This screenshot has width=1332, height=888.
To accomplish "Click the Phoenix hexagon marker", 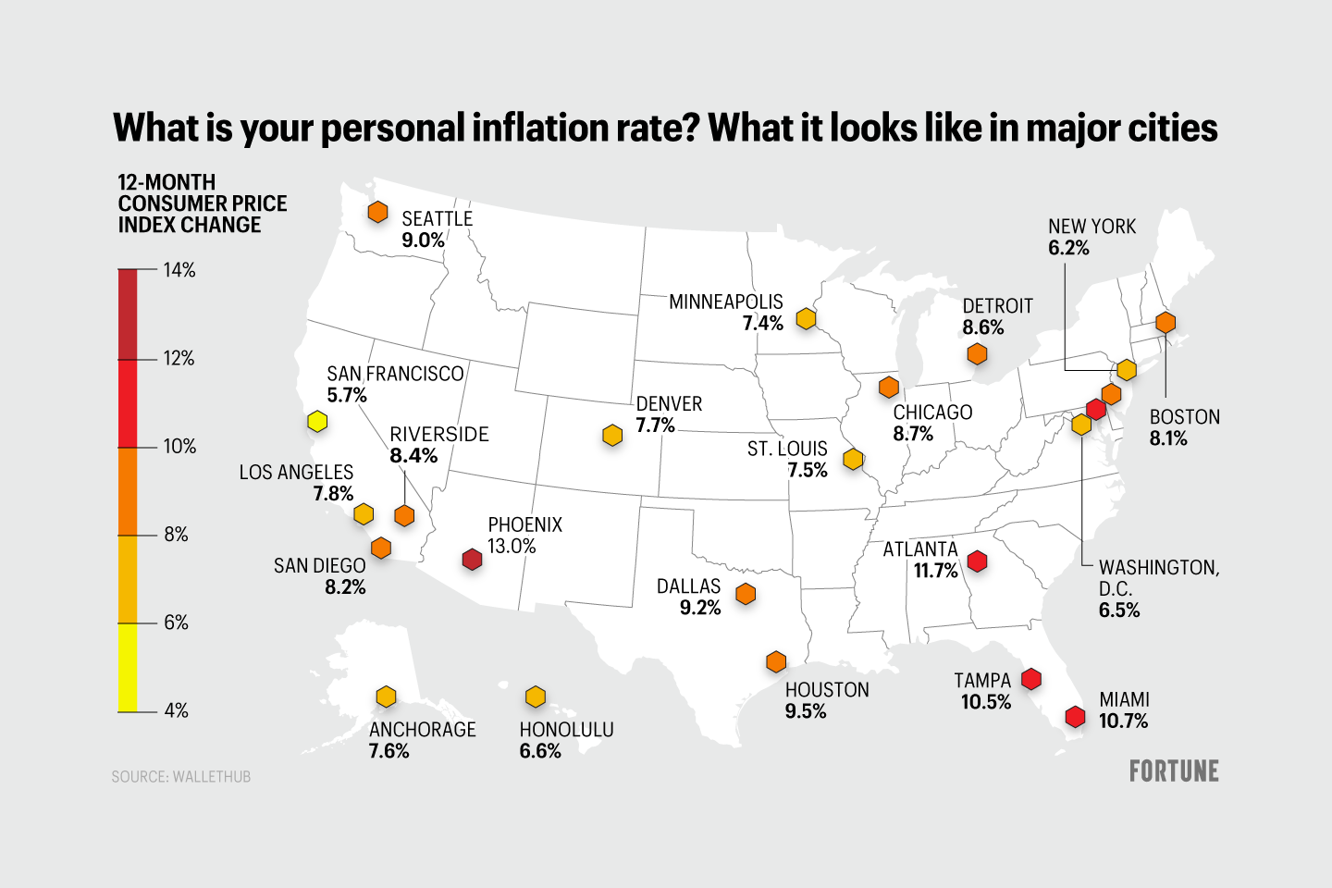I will pyautogui.click(x=472, y=559).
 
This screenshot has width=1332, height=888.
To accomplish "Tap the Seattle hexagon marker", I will pyautogui.click(x=377, y=212).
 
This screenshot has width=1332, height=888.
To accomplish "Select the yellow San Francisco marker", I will pyautogui.click(x=317, y=421).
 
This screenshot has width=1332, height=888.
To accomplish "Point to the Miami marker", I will pyautogui.click(x=1075, y=716).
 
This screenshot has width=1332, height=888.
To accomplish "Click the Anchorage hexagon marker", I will pyautogui.click(x=387, y=697).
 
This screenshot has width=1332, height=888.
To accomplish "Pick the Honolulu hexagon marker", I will pyautogui.click(x=536, y=697).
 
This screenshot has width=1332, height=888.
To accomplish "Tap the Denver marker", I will pyautogui.click(x=612, y=435).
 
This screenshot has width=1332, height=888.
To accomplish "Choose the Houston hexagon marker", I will pyautogui.click(x=776, y=661).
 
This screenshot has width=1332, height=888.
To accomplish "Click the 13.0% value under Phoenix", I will pyautogui.click(x=512, y=546).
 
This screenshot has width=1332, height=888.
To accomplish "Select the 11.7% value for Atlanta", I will pyautogui.click(x=935, y=571).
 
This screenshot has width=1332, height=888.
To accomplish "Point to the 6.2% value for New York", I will pyautogui.click(x=1068, y=248).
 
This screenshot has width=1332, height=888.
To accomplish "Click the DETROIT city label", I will pyautogui.click(x=997, y=306).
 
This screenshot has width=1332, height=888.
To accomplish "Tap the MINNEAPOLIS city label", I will pyautogui.click(x=725, y=302).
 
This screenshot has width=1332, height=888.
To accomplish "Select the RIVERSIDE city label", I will pyautogui.click(x=438, y=434).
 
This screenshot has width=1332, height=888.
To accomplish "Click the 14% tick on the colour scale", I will pyautogui.click(x=179, y=270).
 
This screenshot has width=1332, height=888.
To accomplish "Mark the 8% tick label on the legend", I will pyautogui.click(x=176, y=535).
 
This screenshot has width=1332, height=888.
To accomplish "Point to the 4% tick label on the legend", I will pyautogui.click(x=176, y=710).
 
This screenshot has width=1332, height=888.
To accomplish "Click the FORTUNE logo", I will pyautogui.click(x=1174, y=771).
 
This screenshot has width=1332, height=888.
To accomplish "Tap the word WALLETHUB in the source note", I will pyautogui.click(x=212, y=777).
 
